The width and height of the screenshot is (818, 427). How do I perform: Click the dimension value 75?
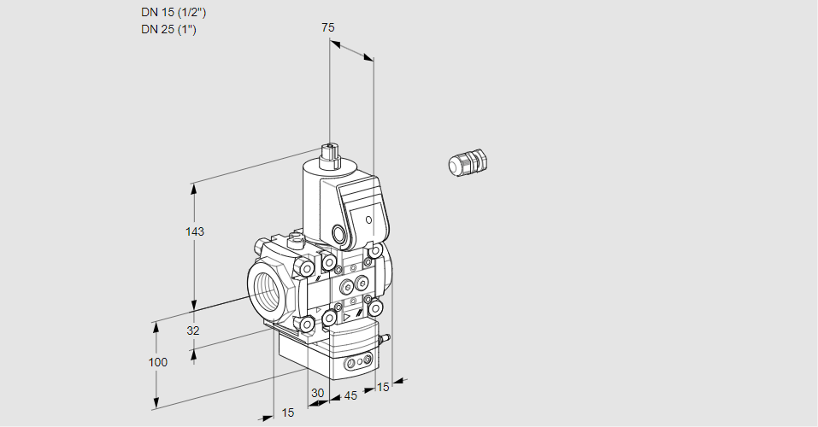coord(327,27)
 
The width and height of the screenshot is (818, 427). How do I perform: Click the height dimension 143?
coord(196,231)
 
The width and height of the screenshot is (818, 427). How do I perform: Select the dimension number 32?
coord(193,330)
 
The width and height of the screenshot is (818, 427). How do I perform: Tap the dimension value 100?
coord(157,362)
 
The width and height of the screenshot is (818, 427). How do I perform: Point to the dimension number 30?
coord(317,393)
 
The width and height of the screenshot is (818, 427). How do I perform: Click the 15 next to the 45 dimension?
coord(382,387)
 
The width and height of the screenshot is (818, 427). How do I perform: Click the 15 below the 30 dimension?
coord(288,412)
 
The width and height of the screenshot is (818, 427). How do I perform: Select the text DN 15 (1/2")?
coord(174,13)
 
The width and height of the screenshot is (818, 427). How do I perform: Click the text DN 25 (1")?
coord(168,30)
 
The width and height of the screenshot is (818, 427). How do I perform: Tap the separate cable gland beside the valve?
coord(467,162)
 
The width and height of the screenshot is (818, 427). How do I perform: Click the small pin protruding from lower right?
coord(385,339)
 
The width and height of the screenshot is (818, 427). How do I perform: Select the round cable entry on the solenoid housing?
coord(340,234)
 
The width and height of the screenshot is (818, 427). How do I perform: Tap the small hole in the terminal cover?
coord(369,220)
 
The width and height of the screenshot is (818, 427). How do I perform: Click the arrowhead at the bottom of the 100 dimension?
coord(157,403)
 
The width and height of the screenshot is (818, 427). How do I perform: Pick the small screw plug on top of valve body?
coord(297,238)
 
